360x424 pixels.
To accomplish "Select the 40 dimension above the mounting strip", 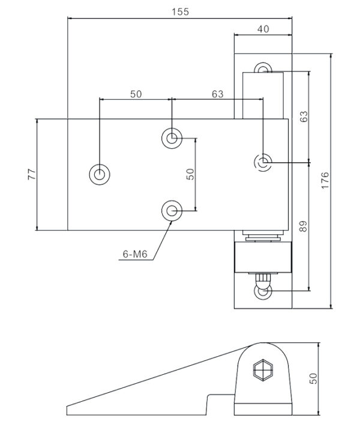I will click(x=263, y=28).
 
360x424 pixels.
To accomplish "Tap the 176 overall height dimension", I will click(x=325, y=180).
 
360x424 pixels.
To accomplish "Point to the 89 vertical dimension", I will click(x=303, y=226).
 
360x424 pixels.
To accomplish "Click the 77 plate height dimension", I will click(x=32, y=175).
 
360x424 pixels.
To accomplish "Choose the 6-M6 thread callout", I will click(x=135, y=255).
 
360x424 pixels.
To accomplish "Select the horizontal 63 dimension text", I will click(x=217, y=94).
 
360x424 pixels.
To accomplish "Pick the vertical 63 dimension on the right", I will click(x=303, y=117).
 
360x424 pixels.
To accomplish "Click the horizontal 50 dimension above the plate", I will click(x=136, y=94).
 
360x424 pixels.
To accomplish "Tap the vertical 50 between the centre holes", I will click(x=190, y=174).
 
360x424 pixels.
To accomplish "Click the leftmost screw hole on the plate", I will click(x=100, y=175).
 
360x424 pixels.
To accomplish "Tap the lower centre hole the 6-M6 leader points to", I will click(x=172, y=210).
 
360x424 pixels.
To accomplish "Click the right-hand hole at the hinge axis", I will click(x=263, y=162).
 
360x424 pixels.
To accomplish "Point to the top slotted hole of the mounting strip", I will click(x=263, y=69).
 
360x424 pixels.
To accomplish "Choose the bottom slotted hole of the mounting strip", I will click(x=263, y=292).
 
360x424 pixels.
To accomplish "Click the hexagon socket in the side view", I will click(x=262, y=369).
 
